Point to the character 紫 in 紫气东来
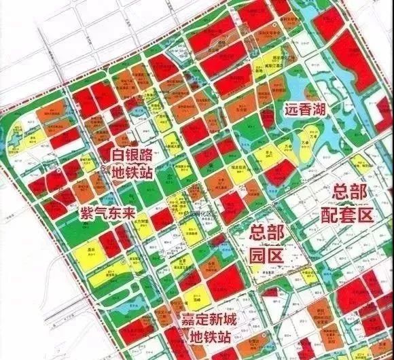pyautogui.click(x=86, y=208)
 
